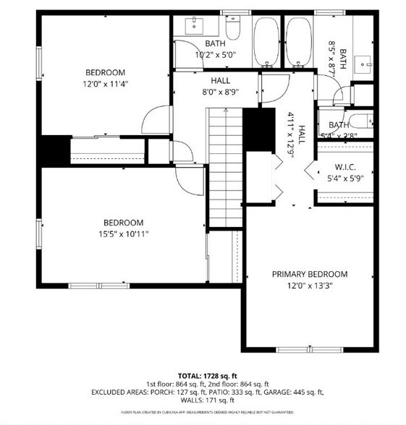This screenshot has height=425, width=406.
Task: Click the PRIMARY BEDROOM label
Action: (310, 274)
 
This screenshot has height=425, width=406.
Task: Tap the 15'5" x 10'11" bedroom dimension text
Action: (122, 233)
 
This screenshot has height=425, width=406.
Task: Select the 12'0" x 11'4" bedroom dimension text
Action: (105, 83)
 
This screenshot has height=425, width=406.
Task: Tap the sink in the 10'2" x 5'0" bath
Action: (195, 27)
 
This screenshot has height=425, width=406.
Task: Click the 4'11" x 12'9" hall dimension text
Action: (292, 138)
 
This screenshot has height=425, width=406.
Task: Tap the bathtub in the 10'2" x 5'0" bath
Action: (268, 40)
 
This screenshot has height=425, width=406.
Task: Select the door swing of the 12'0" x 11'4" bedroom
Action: (154, 119)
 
